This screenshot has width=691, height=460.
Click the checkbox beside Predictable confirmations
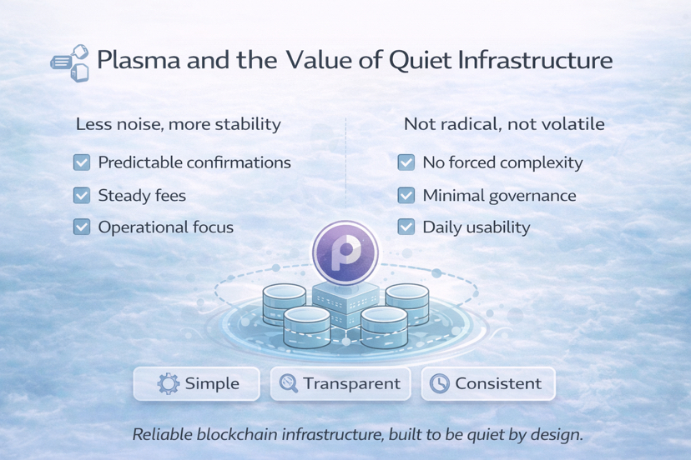coord(82,162)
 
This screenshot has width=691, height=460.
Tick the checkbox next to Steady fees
coord(82,195)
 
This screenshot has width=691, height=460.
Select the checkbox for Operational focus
coord(82,227)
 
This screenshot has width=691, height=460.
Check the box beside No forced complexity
coord(406,162)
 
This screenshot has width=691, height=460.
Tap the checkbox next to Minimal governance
coord(406,195)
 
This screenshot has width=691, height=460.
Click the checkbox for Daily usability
coord(406,227)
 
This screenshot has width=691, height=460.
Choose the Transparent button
coord(340,383)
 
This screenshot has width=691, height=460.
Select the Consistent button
coord(488,383)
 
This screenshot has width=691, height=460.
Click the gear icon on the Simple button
coord(169,383)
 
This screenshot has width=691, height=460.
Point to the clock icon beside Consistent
coord(439,383)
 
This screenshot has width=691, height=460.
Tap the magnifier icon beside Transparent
coord(289,383)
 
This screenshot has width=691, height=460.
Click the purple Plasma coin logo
coord(345,252)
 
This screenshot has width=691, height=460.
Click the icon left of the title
coord(70,62)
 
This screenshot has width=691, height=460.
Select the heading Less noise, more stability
coord(178,124)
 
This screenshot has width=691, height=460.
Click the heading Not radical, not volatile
coord(504,124)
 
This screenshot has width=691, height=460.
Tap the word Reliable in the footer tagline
coord(164,434)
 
